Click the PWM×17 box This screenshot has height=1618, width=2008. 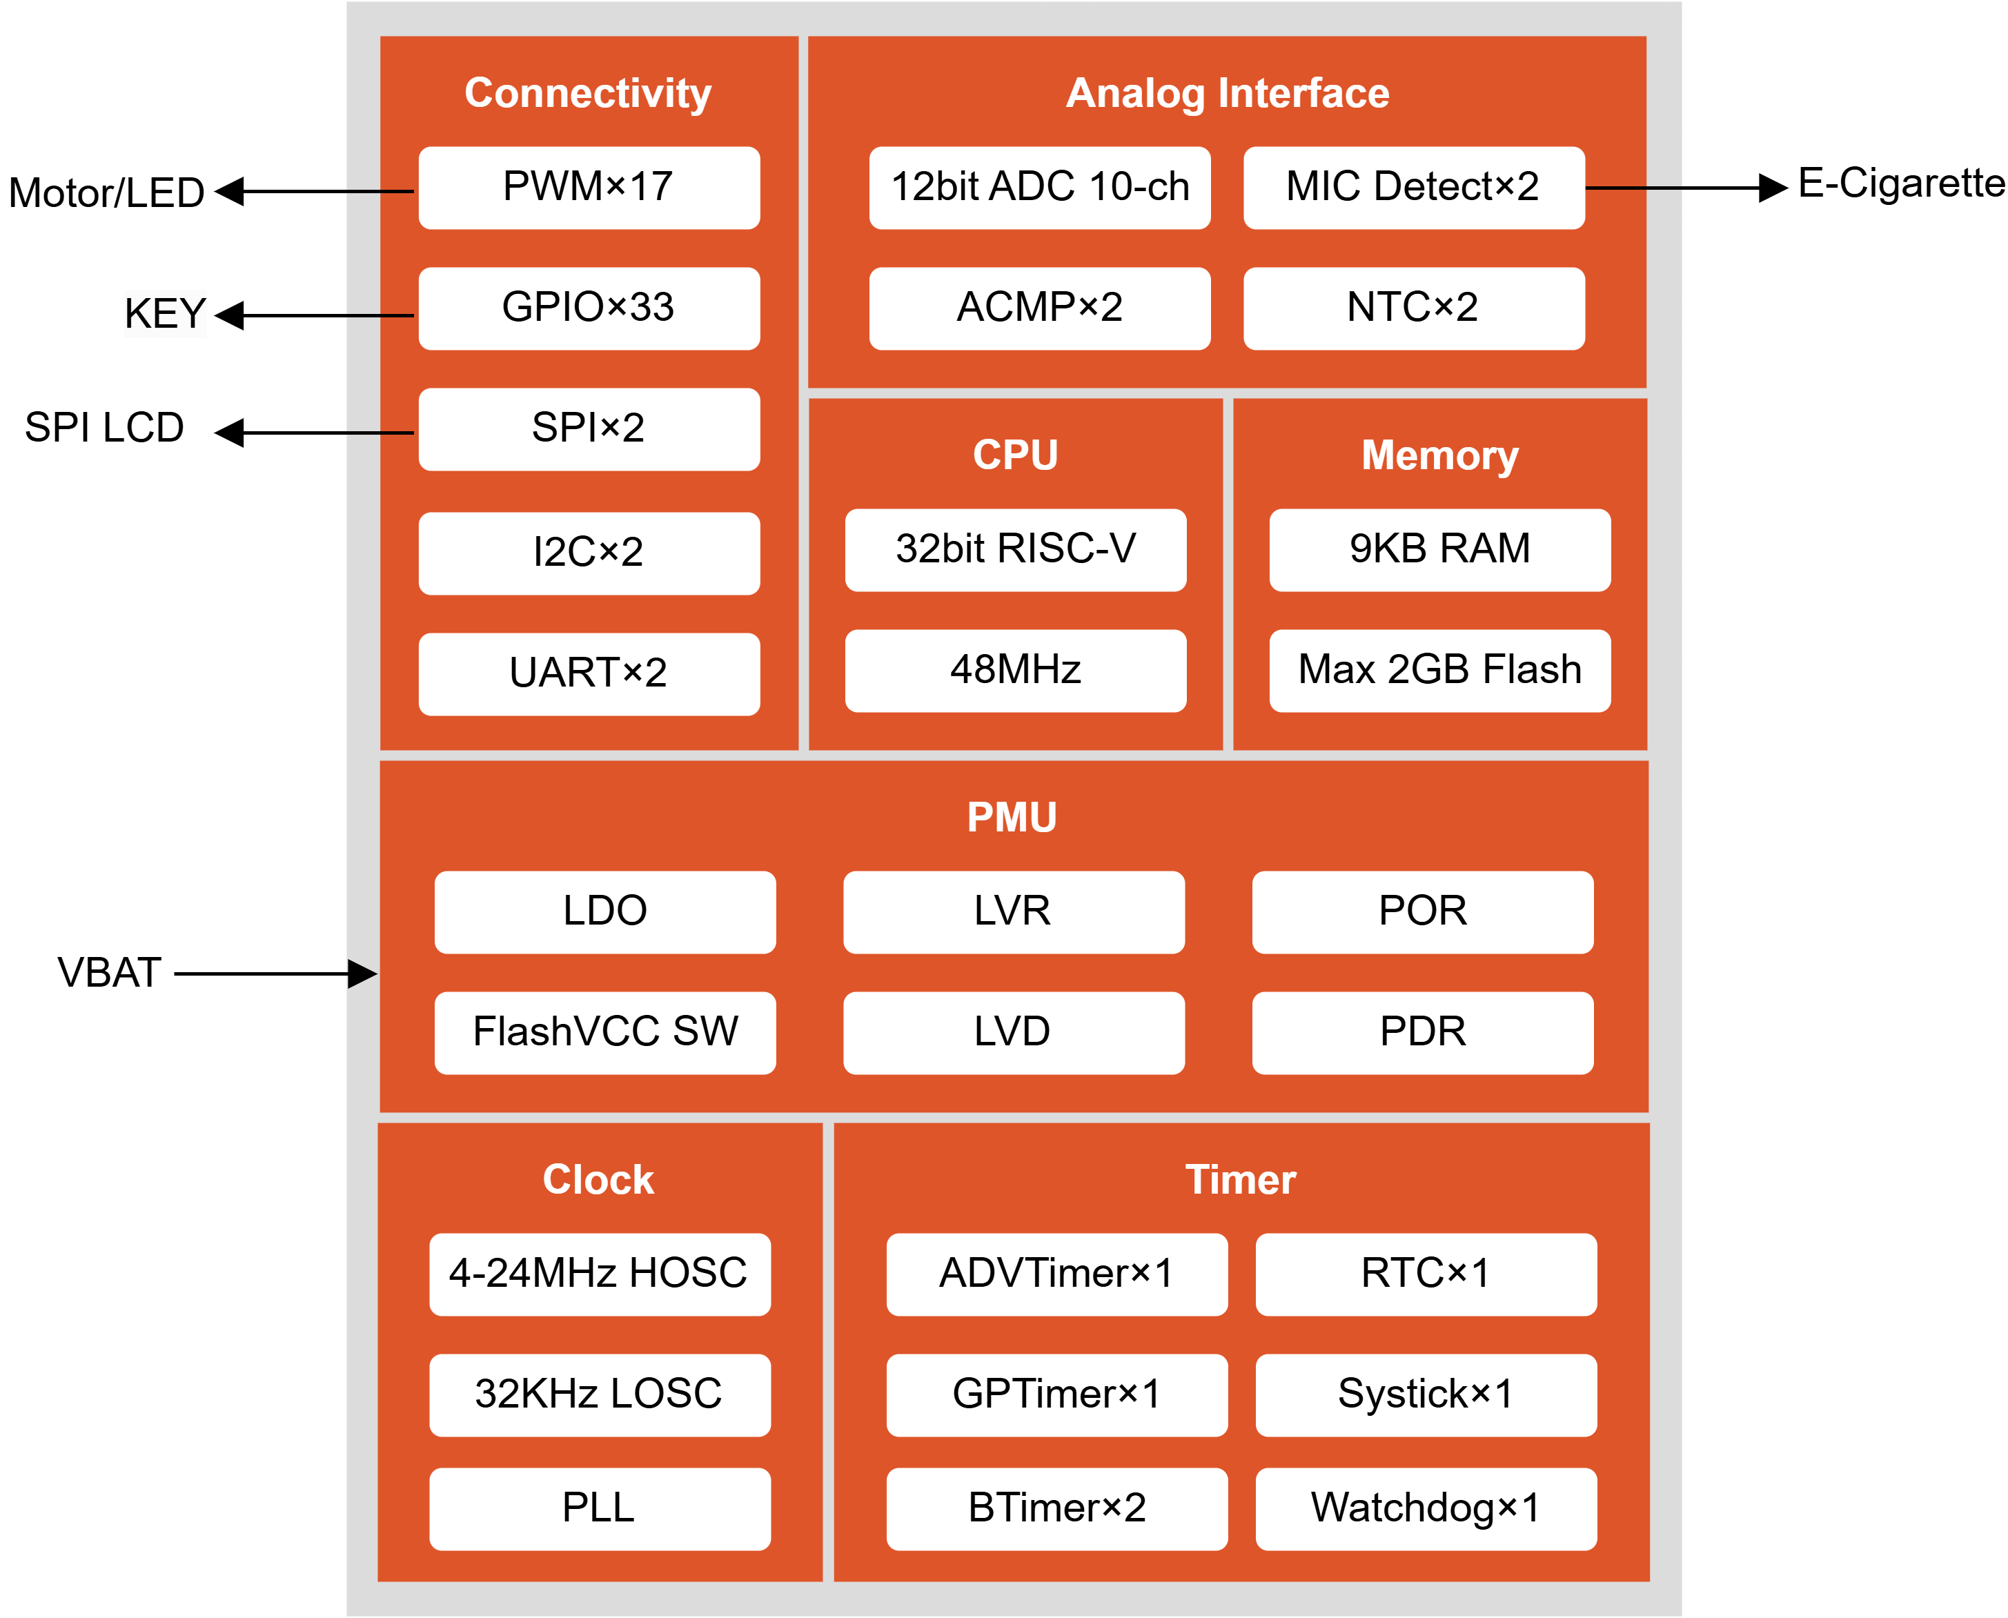tap(589, 188)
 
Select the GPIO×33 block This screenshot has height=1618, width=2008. tap(589, 308)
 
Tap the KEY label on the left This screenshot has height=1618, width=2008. tap(165, 313)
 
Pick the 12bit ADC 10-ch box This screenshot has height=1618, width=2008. tap(1039, 188)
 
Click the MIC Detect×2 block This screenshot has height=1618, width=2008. tap(1413, 188)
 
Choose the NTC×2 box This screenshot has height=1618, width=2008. tap(1413, 308)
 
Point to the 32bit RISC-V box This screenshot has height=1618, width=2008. tap(1015, 549)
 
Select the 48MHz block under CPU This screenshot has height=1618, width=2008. tap(1015, 670)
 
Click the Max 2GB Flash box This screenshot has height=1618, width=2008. tap(1439, 670)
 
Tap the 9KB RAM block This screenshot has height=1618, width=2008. tap(1439, 549)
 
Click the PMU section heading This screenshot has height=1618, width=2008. tap(1012, 818)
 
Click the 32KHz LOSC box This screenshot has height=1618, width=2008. tap(600, 1394)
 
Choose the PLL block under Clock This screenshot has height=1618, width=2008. tap(600, 1508)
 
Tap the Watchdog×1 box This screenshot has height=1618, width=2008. tap(1426, 1508)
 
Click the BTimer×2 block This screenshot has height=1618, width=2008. tap(1056, 1508)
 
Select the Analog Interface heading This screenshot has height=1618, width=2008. tap(1227, 93)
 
